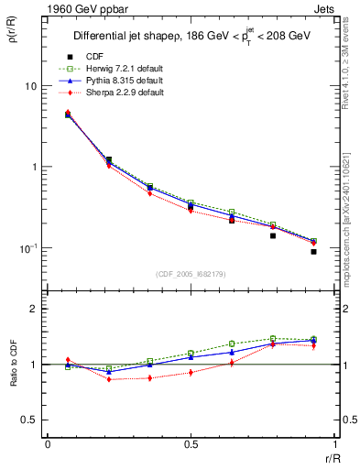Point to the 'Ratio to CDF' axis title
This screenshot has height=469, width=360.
coord(12,361)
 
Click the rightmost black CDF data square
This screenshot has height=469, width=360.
coord(313,251)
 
